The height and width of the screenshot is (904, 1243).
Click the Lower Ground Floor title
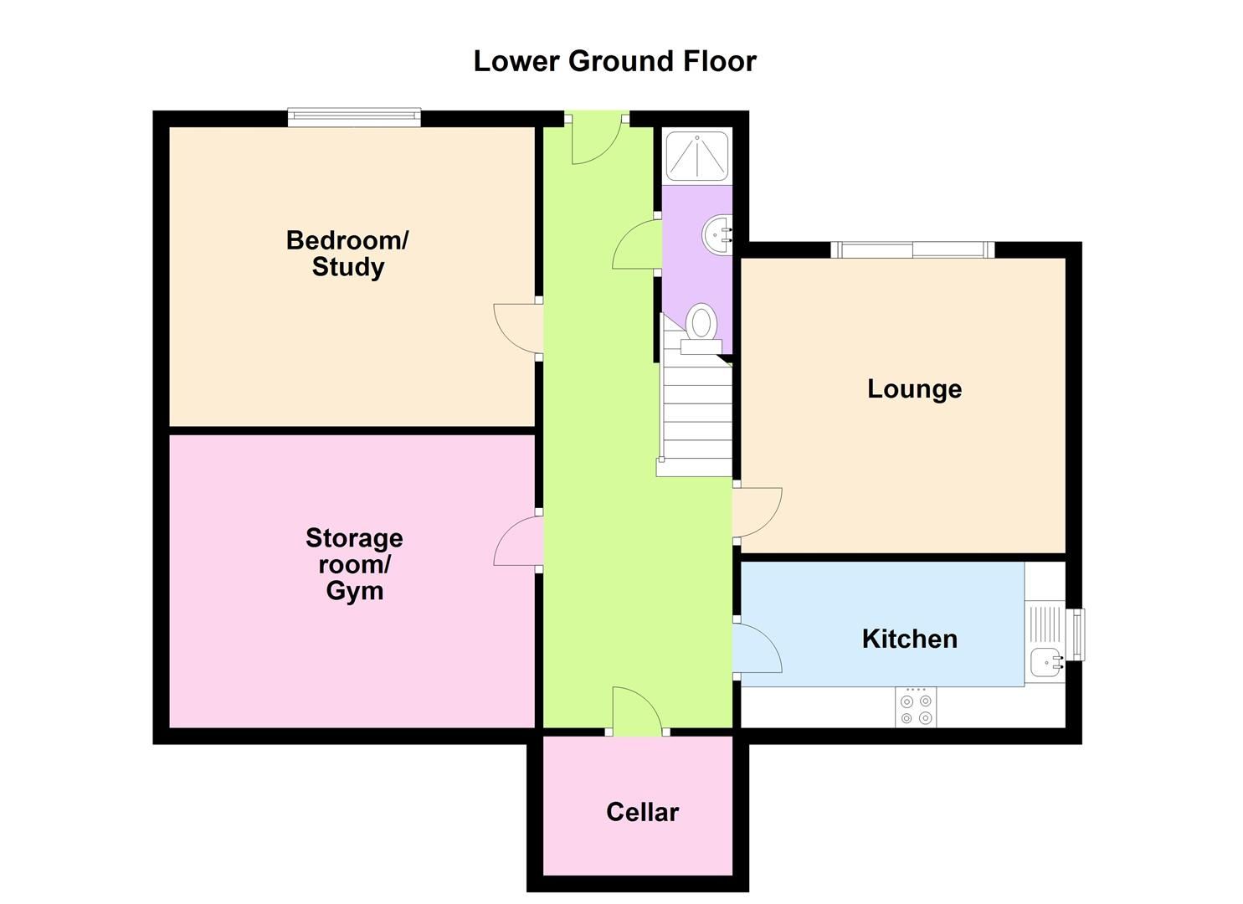[x=614, y=61]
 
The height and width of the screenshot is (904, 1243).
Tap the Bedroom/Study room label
[x=347, y=254]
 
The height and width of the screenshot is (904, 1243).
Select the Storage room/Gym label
[x=354, y=564]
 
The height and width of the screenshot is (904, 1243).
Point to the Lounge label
[x=914, y=389]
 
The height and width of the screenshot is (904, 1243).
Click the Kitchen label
[x=909, y=639]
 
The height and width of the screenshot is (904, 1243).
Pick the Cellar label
[x=642, y=812]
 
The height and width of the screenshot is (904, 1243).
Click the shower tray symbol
[x=696, y=156]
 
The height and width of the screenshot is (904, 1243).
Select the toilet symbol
[x=701, y=329]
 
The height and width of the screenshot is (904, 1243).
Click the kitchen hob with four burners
[x=916, y=708]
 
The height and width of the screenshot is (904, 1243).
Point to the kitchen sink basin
[x=1045, y=662]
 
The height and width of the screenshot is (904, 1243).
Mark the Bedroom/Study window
[x=354, y=117]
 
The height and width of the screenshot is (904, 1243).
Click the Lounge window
[x=912, y=249]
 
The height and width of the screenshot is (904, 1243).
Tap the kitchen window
[x=1078, y=634]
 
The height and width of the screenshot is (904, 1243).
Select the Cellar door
[x=637, y=712]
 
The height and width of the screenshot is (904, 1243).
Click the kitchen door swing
[x=757, y=648]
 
